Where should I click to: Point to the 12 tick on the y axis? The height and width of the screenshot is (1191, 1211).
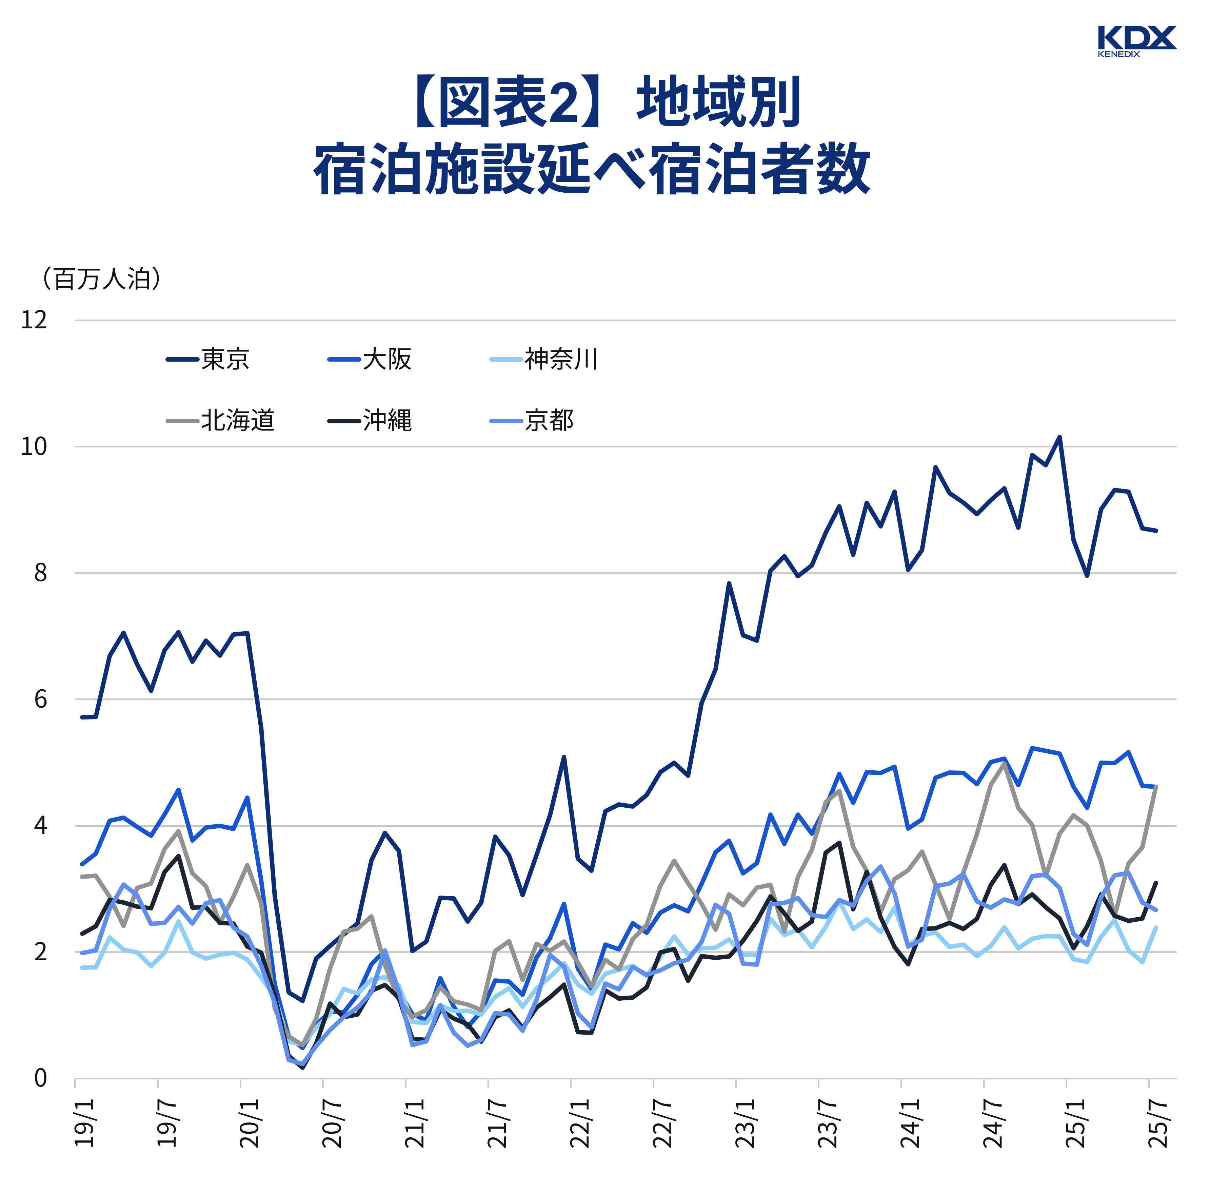34,320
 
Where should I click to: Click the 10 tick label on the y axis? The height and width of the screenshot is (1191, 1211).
34,447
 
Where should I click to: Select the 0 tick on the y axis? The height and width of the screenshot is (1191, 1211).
40,1078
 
